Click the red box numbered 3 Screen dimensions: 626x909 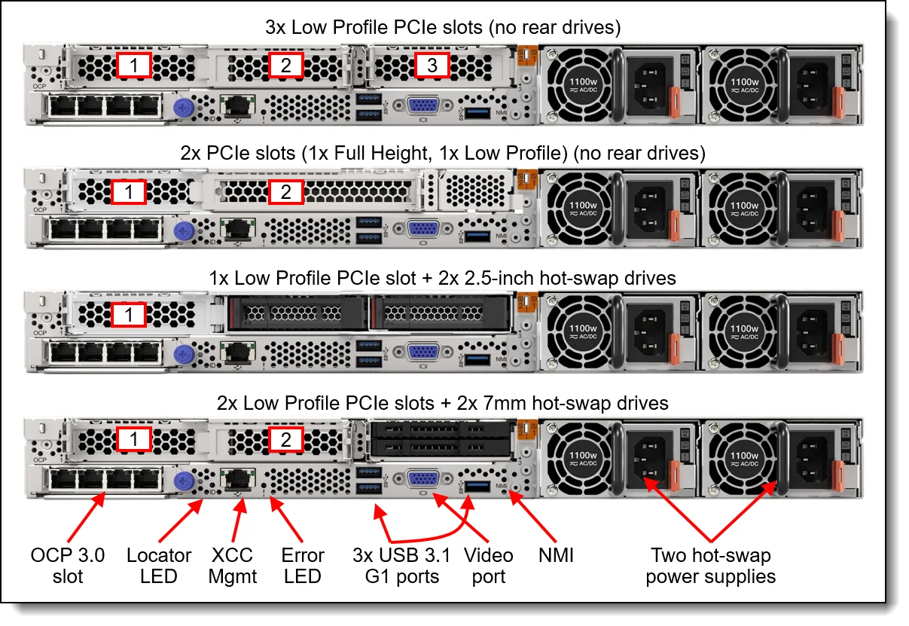click(x=432, y=66)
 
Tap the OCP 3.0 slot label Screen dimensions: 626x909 click(x=68, y=566)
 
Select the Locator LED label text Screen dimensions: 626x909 click(x=159, y=566)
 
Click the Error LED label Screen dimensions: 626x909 click(x=302, y=566)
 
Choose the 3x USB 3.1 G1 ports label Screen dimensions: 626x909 click(x=401, y=566)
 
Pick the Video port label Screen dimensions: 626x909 click(x=488, y=566)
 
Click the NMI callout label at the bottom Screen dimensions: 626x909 click(x=557, y=556)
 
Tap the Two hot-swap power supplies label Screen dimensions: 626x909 click(x=710, y=566)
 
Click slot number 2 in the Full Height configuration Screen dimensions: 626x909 click(x=286, y=192)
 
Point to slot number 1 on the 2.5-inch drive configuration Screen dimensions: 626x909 click(x=130, y=315)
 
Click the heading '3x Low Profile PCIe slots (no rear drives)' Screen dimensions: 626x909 click(x=442, y=29)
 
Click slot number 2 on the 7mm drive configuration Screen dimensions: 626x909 click(x=286, y=440)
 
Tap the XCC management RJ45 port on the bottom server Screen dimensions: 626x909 click(x=237, y=478)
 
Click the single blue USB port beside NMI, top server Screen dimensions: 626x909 click(x=477, y=112)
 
